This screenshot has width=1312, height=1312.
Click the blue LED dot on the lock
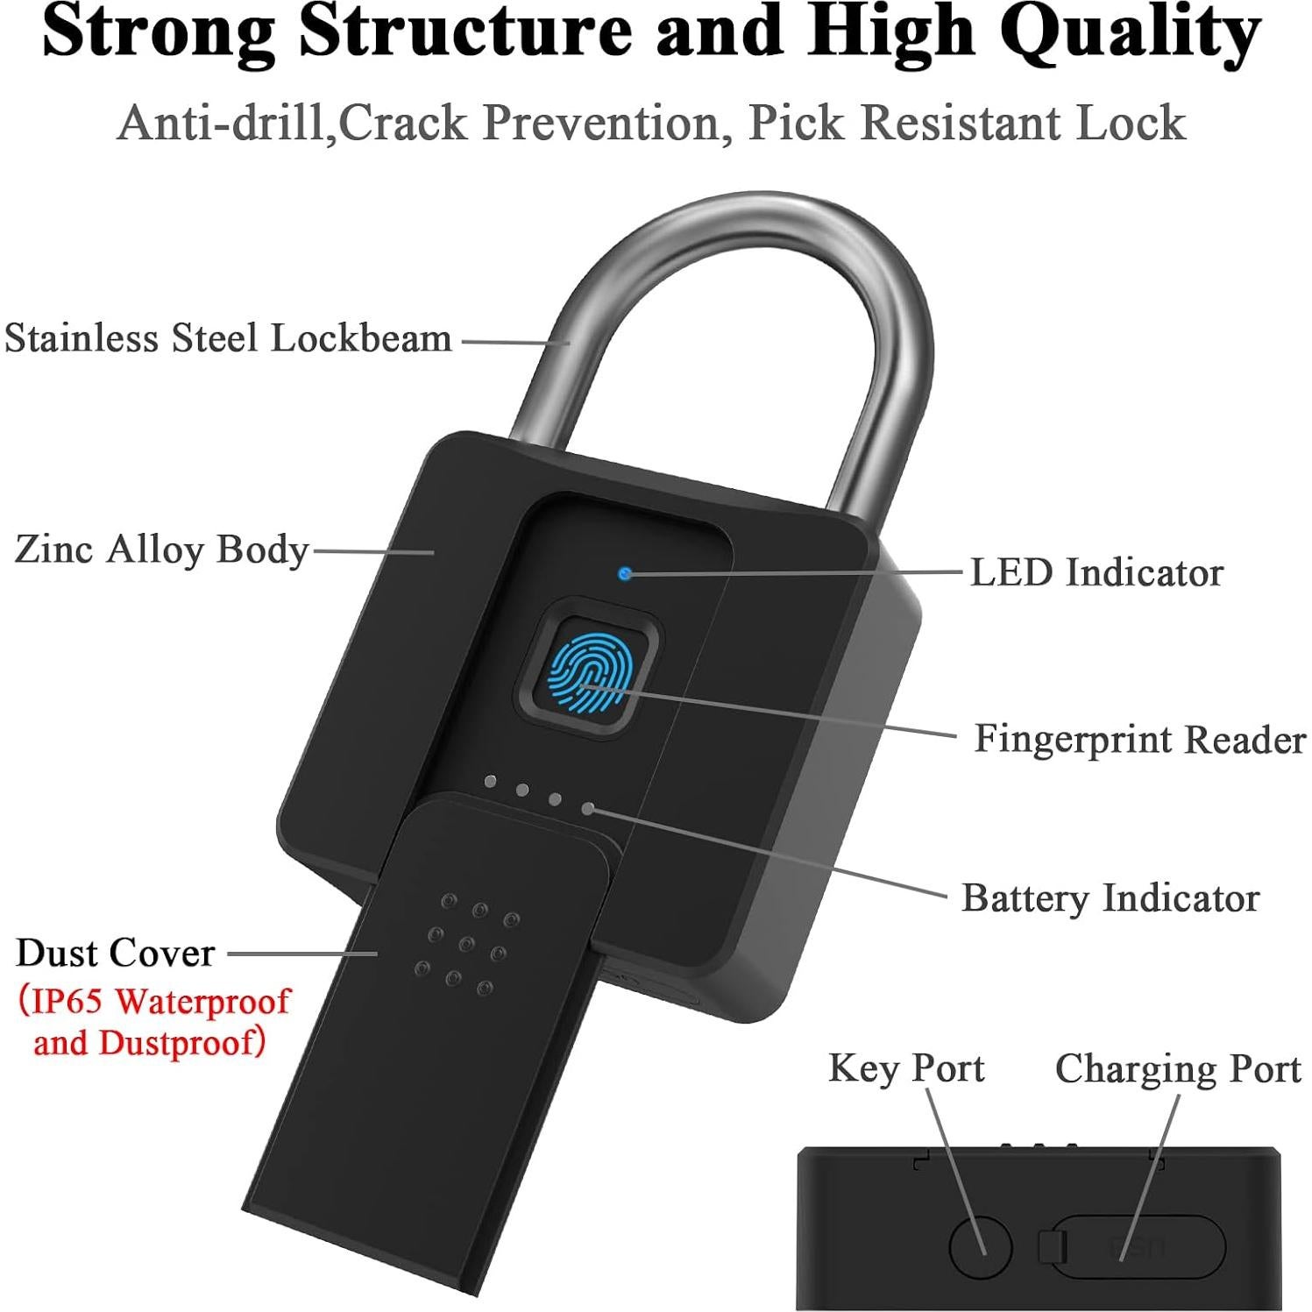pos(624,574)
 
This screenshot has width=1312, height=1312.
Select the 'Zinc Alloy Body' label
pos(162,550)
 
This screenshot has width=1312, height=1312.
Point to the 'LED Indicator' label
pos(1096,572)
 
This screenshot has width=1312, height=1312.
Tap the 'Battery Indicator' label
pos(1110,898)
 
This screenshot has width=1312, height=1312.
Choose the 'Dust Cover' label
pos(116,954)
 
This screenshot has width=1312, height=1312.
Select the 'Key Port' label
pos(906,1068)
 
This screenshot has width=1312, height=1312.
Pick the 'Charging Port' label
pos(1177,1069)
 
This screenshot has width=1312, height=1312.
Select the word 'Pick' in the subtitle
pos(796,123)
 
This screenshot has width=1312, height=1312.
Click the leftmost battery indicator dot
pos(489,780)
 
